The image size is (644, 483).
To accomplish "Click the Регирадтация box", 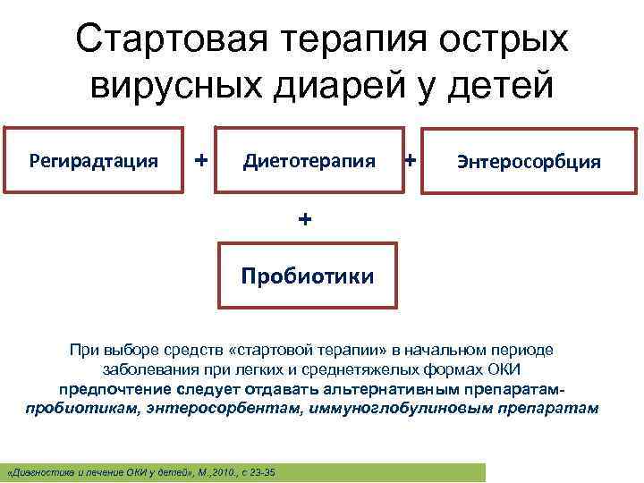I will [x=94, y=161].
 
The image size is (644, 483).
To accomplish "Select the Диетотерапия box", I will [x=309, y=161].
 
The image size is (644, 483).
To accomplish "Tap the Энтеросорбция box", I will [x=529, y=162].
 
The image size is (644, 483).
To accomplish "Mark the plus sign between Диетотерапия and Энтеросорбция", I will [x=411, y=160].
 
